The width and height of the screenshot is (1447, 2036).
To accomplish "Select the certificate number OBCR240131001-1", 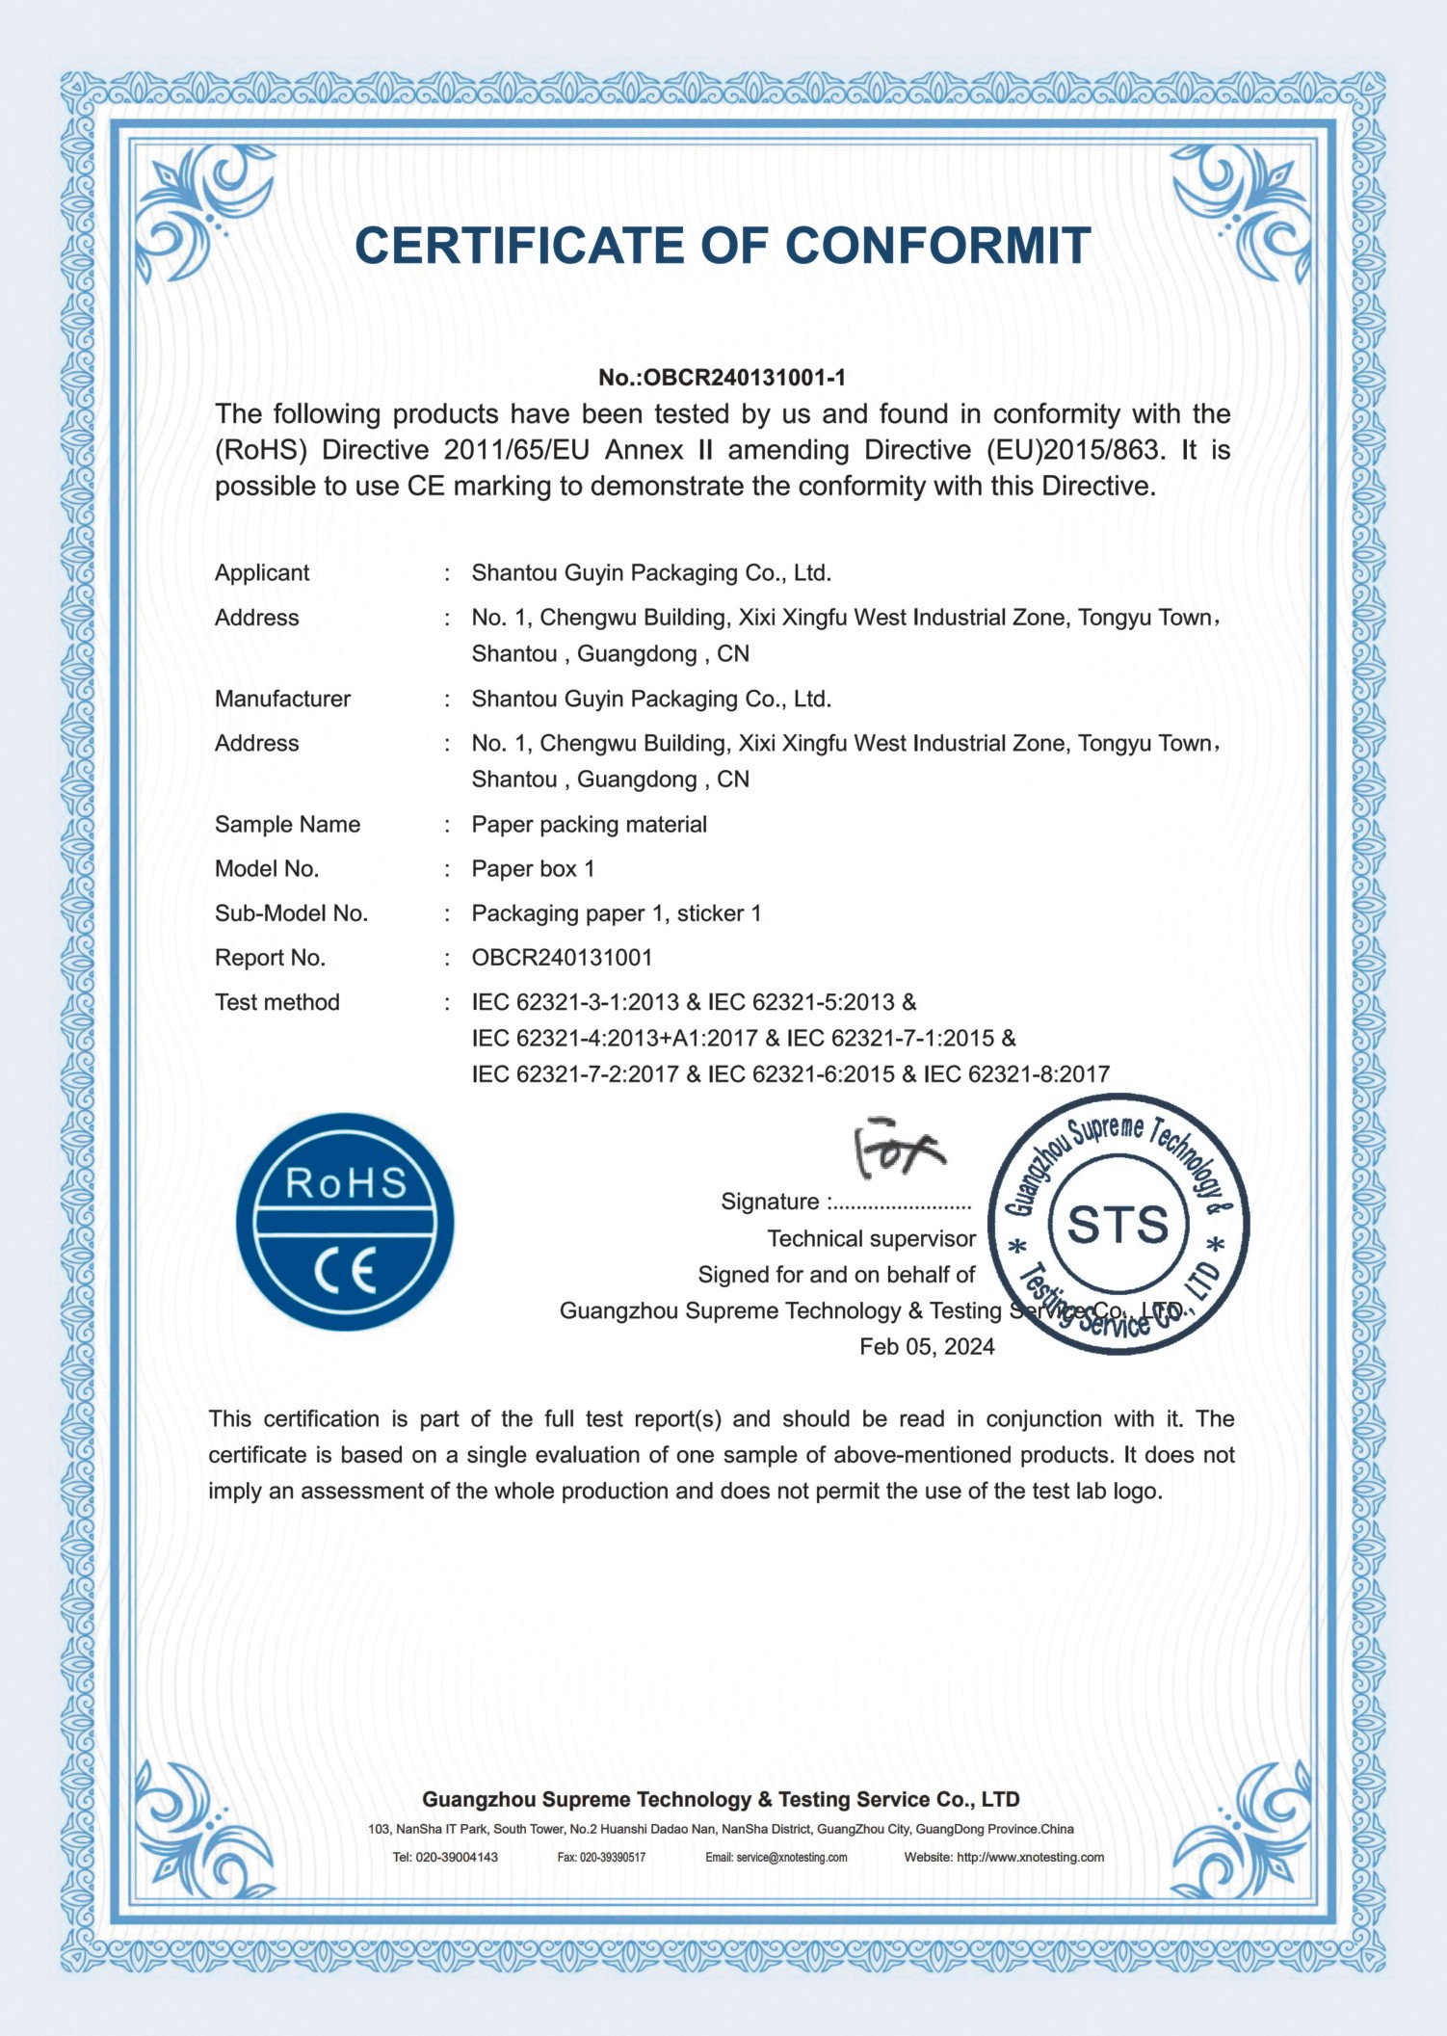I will (x=744, y=378).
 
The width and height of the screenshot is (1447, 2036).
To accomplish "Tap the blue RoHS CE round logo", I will (x=345, y=1222).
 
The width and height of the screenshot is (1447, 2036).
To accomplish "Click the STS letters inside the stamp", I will (x=1118, y=1225).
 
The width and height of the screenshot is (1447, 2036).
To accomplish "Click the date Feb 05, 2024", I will (x=927, y=1347).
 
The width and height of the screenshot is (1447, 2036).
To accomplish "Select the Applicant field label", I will (x=262, y=573).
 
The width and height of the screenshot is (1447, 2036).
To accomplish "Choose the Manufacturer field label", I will (x=282, y=700).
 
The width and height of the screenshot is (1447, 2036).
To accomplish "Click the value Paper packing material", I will (x=589, y=825).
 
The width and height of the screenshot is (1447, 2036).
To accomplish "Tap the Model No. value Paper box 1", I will (x=533, y=869).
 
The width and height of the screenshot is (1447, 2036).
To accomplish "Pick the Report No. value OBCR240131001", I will (x=562, y=958).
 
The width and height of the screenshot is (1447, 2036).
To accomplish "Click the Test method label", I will (x=277, y=1003).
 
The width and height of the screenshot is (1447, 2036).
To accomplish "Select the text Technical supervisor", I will (x=871, y=1239).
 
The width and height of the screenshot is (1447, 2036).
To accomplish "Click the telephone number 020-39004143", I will (x=457, y=1858).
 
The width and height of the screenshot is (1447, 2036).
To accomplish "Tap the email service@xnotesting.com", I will (x=791, y=1858).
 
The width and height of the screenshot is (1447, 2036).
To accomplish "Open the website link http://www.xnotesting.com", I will (x=1030, y=1858).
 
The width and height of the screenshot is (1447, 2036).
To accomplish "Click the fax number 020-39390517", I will (x=613, y=1858).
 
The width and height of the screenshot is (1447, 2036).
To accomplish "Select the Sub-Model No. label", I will (x=291, y=913).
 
